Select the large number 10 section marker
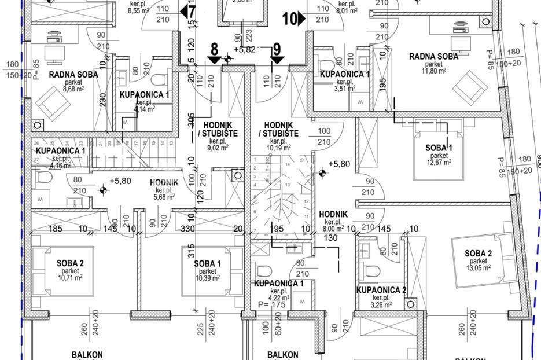click(289, 19)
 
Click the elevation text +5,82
click(245, 49)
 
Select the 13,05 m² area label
click(477, 268)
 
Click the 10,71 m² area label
click(71, 278)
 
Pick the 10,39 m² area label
click(208, 278)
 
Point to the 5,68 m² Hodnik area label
click(164, 197)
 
